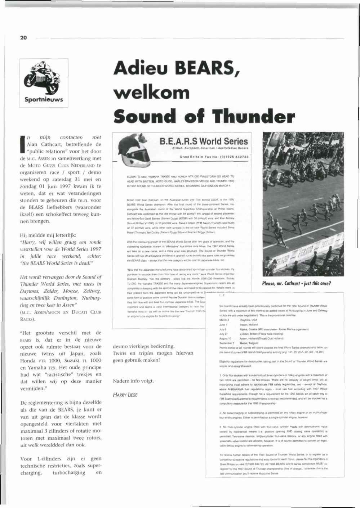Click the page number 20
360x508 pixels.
pyautogui.click(x=23, y=37)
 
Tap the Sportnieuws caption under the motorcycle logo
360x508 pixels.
pyautogui.click(x=44, y=99)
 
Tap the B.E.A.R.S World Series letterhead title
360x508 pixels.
pyautogui.click(x=204, y=141)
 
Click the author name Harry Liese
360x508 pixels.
pyautogui.click(x=125, y=395)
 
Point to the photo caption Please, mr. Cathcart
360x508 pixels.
pyautogui.click(x=296, y=283)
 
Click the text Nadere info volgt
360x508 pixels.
pyautogui.click(x=133, y=381)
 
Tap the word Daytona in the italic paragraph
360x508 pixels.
pyautogui.click(x=31, y=291)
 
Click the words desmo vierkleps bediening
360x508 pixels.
pyautogui.click(x=143, y=346)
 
